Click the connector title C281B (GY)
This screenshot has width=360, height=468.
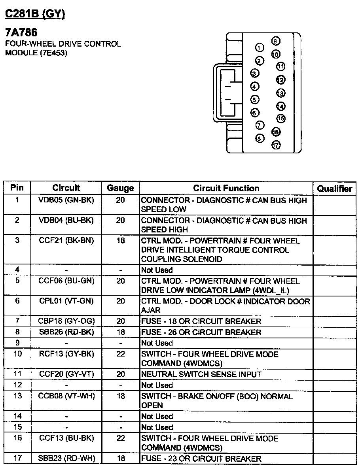point(35,14)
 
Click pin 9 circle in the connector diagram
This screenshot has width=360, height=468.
point(276,42)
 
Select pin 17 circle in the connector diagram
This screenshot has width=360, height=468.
point(276,145)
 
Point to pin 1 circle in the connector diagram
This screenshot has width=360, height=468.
point(260,48)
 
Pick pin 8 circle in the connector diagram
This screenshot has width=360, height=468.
point(260,138)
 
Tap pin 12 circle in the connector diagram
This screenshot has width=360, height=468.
point(280,80)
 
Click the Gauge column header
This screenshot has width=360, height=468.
point(120,189)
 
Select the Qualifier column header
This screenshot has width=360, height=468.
point(334,189)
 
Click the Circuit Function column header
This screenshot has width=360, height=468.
point(226,189)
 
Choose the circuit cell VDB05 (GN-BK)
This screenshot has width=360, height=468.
point(66,200)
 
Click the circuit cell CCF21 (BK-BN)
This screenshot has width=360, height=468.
point(66,241)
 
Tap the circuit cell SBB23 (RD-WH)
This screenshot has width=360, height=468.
point(66,459)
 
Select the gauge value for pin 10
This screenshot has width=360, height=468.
point(121,354)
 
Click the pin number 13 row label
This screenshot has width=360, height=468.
point(17,396)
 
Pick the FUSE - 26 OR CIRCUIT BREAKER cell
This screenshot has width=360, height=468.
point(201,332)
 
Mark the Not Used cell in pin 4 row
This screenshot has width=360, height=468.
point(157,270)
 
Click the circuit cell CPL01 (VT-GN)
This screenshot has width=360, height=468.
point(66,301)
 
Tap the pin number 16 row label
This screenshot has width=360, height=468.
point(17,438)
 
